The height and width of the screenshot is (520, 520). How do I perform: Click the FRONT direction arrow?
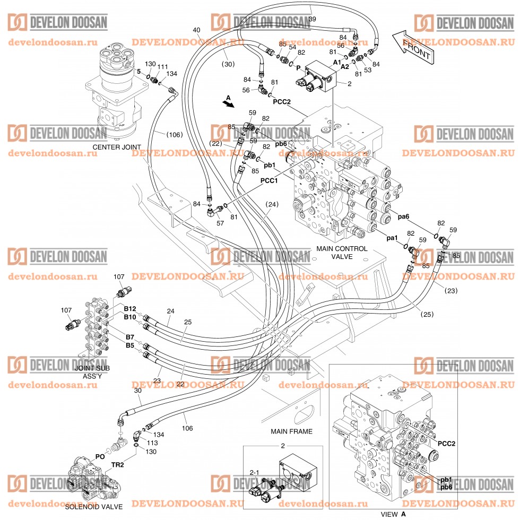(414, 47)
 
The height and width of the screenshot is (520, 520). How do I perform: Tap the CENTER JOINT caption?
(117, 147)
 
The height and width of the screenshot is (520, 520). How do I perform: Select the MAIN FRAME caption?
(291, 431)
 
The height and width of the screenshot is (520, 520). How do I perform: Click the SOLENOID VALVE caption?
(94, 506)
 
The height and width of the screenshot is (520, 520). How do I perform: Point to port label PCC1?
(270, 180)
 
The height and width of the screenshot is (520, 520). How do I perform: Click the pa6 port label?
(403, 216)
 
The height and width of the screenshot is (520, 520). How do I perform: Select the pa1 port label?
(392, 238)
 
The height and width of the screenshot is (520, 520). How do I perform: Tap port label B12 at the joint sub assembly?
(130, 308)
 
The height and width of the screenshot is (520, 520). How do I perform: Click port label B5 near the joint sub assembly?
(129, 345)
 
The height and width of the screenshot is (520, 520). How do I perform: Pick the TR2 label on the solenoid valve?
(117, 465)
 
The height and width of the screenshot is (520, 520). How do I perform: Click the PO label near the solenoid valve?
(100, 456)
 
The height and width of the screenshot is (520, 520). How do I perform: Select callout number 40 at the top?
(196, 30)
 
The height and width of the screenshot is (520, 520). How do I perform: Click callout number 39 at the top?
(312, 19)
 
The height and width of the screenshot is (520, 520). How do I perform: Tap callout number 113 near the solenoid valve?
(152, 443)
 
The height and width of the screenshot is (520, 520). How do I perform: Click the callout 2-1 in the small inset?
(254, 471)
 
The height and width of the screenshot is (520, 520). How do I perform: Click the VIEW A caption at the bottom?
(394, 514)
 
